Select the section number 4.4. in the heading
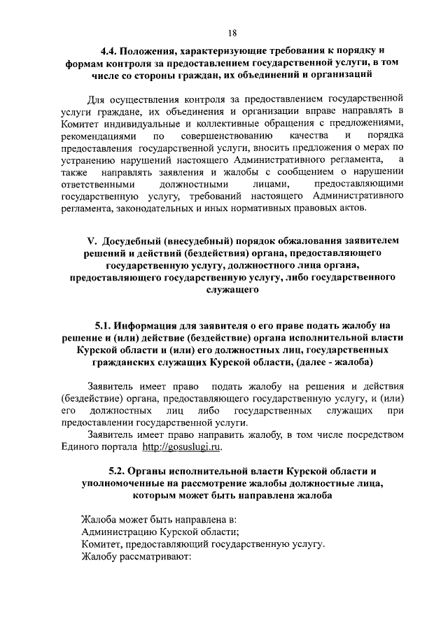click(109, 50)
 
